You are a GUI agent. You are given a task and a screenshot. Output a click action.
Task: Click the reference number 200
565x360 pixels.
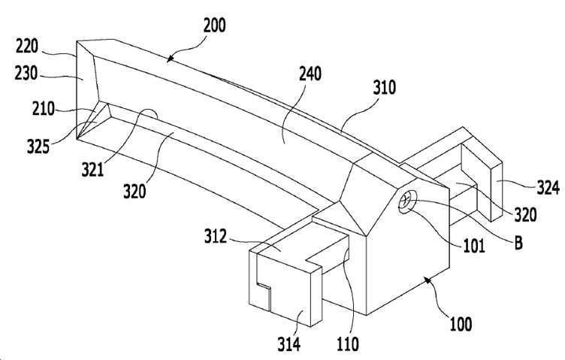click(215, 26)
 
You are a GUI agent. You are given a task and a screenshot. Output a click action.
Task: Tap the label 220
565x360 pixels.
click(27, 47)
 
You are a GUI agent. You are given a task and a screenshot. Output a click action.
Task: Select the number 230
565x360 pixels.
click(26, 74)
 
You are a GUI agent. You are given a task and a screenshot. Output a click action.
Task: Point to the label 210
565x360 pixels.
click(44, 108)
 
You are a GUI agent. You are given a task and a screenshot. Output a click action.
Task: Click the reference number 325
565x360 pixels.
click(38, 147)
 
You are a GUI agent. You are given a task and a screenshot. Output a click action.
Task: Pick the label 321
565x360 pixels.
click(92, 169)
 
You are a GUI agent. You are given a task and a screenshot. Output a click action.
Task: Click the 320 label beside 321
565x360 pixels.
click(134, 191)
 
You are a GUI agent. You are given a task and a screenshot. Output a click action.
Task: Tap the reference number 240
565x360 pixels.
click(310, 74)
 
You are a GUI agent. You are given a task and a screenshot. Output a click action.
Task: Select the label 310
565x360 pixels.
click(385, 87)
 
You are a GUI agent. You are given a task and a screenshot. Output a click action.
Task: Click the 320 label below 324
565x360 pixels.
click(525, 215)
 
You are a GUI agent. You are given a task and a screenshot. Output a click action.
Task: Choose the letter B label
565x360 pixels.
click(518, 244)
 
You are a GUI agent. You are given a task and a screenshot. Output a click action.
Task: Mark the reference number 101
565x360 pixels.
click(473, 247)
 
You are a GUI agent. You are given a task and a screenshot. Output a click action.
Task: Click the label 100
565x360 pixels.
click(461, 324)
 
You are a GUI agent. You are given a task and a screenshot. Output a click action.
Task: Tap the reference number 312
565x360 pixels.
click(216, 237)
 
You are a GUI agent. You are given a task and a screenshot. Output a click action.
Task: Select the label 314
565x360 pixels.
click(289, 343)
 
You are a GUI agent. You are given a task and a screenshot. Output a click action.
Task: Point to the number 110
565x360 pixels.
click(348, 343)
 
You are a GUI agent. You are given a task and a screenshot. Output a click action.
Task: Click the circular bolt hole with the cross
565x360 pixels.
click(407, 201)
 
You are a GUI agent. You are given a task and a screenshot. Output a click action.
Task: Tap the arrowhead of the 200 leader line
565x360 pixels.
click(170, 59)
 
